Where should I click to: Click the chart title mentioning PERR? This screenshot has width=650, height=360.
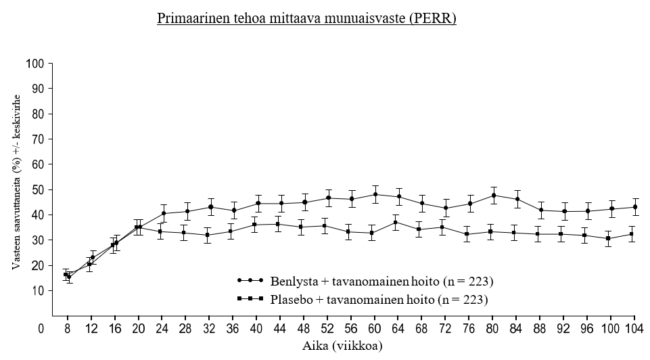(x=306, y=18)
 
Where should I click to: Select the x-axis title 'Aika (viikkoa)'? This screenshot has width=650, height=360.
(x=344, y=345)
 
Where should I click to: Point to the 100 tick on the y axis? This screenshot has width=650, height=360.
(x=34, y=64)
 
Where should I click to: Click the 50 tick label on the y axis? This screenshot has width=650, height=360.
(x=37, y=189)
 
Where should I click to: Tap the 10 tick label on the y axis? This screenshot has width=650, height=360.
(x=37, y=290)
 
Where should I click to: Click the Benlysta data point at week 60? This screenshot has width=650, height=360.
(x=375, y=194)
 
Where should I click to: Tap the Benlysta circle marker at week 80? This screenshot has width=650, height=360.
(x=494, y=196)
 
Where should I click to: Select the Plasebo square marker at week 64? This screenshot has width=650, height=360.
(x=396, y=222)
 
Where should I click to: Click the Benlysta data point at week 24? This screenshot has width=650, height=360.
(x=164, y=214)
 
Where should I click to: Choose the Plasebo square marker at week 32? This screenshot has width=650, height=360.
(x=208, y=235)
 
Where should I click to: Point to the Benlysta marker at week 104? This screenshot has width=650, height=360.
(x=634, y=207)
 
